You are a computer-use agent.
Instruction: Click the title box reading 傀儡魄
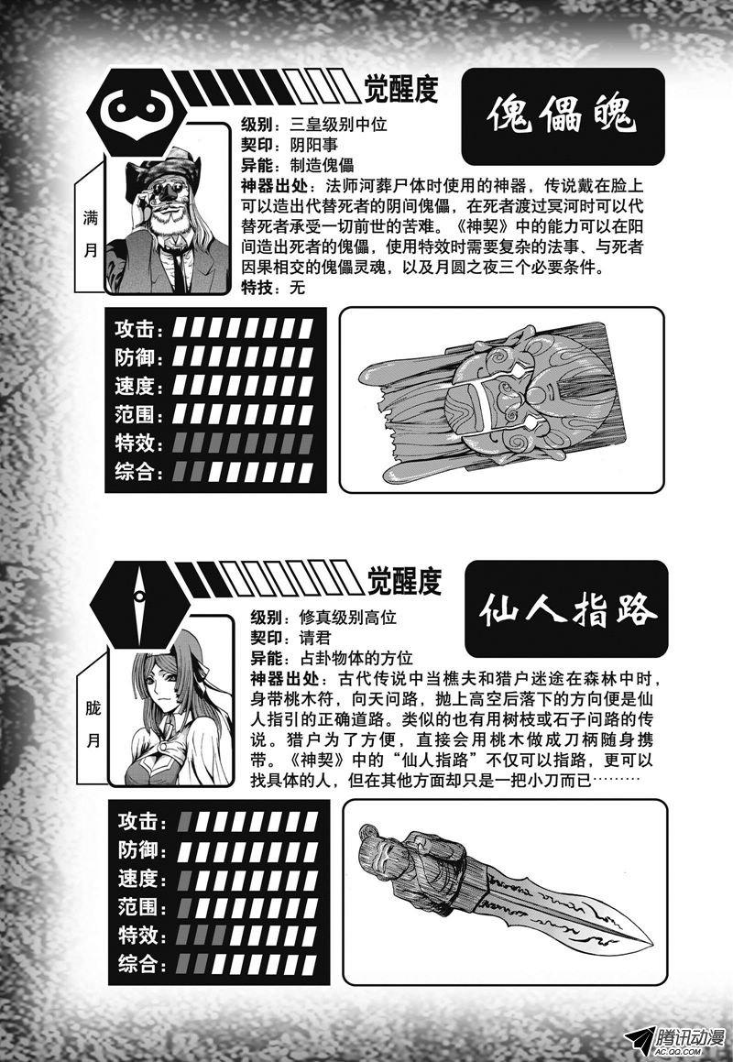click(563, 116)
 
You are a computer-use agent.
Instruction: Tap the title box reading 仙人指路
click(566, 609)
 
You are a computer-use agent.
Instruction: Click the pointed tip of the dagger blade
click(651, 945)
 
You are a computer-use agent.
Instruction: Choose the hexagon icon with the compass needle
click(139, 598)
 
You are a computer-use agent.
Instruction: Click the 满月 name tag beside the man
click(90, 233)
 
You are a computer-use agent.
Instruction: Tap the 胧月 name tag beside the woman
click(93, 725)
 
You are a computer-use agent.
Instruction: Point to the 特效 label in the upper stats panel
click(138, 443)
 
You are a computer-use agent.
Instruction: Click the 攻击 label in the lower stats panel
click(141, 822)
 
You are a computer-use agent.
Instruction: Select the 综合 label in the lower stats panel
click(141, 963)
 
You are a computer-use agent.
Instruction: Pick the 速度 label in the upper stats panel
click(138, 386)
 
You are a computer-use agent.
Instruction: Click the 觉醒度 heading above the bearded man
click(401, 88)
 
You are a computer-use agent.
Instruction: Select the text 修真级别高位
click(347, 618)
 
